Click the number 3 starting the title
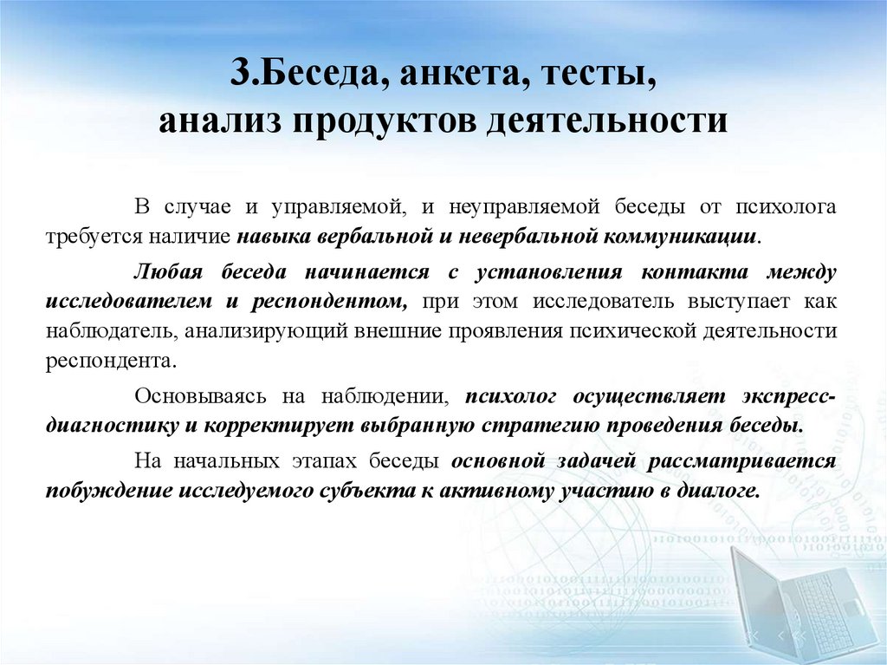pos(240,74)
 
